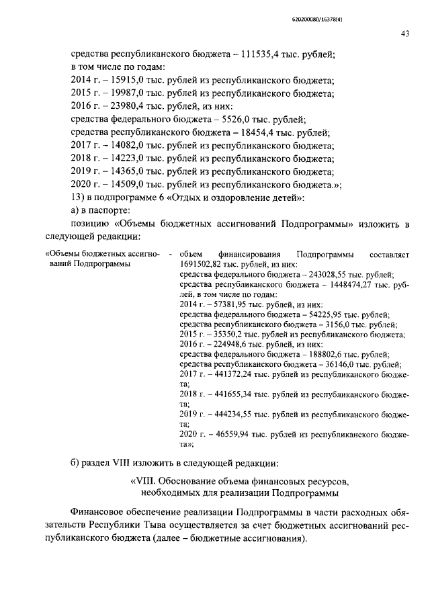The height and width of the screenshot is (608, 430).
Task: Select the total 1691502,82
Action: pos(200,265)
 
